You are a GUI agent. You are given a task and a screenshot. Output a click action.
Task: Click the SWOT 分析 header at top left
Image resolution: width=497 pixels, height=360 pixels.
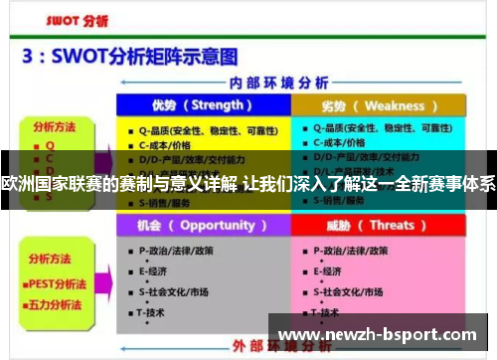point(68,19)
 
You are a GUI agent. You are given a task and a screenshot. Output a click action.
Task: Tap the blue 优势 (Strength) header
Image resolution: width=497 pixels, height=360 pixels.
point(202,105)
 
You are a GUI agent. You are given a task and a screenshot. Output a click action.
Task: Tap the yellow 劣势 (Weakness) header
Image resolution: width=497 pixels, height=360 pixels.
point(377,105)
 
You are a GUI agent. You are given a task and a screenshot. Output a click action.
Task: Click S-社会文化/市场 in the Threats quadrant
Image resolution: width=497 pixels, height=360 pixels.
point(353,291)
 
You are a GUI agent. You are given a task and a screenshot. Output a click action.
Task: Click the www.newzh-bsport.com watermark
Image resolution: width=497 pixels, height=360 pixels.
point(381,333)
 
